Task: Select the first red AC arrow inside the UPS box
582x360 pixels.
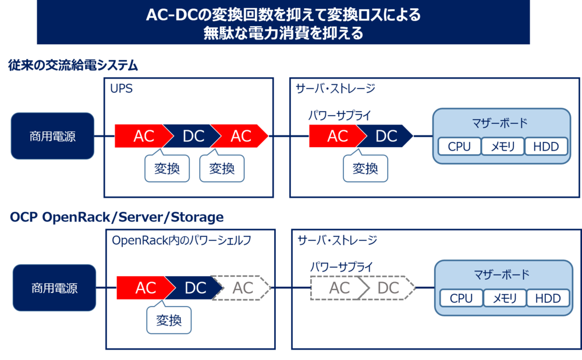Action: click(143, 136)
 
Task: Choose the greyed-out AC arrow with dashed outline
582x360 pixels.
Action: click(339, 288)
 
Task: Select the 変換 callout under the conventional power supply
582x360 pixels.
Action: click(365, 169)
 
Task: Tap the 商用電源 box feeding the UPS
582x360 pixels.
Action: click(52, 136)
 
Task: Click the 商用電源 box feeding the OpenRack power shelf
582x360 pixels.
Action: click(54, 287)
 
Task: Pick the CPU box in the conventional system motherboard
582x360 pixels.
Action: click(459, 147)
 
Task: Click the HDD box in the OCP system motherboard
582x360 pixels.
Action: click(548, 298)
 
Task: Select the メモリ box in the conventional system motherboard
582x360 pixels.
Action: click(503, 147)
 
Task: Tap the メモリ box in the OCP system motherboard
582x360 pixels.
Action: click(505, 298)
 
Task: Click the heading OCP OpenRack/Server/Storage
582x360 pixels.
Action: click(116, 218)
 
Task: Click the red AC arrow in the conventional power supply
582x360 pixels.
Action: click(336, 136)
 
